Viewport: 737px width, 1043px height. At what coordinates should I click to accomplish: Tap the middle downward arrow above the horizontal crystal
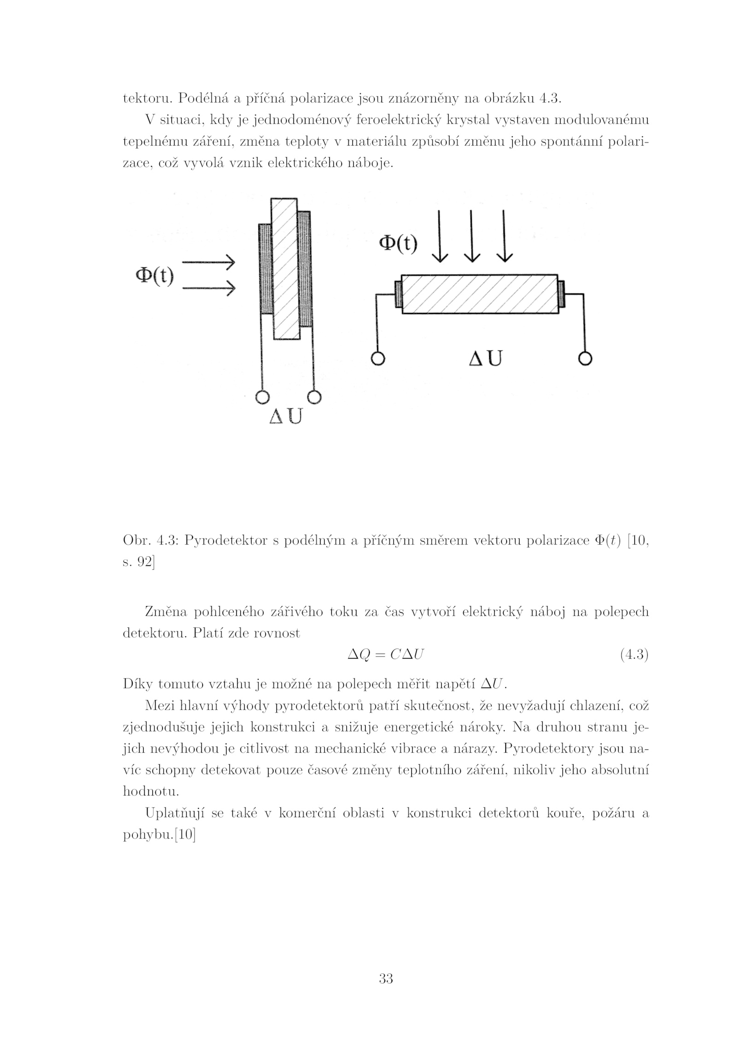471,236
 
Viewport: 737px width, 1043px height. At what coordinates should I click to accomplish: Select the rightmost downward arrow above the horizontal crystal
504,236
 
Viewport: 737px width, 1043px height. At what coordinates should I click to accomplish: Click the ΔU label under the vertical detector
286,416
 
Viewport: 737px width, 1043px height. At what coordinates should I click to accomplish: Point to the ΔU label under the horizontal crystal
485,358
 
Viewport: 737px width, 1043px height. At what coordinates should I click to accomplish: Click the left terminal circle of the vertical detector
262,397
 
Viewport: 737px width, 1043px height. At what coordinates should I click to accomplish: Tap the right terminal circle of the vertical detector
314,397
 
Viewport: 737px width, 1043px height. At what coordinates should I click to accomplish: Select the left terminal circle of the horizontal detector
377,359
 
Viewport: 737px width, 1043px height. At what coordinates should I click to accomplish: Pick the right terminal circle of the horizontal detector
585,359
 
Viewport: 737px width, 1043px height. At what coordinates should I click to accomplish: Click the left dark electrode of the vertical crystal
265,269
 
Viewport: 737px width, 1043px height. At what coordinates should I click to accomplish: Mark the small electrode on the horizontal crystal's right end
561,294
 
